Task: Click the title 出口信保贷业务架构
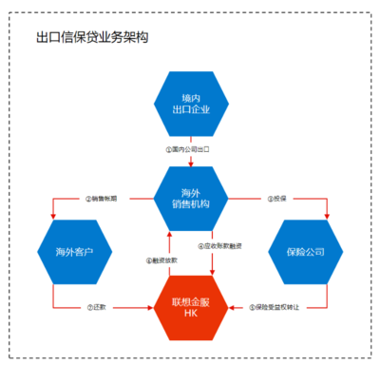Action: [92, 38]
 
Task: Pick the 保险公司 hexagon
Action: [311, 252]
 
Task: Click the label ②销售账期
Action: [102, 199]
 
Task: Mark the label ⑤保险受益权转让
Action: [277, 307]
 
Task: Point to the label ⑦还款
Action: [96, 307]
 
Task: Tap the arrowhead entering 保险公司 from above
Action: [327, 218]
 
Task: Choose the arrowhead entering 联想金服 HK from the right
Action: [234, 306]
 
